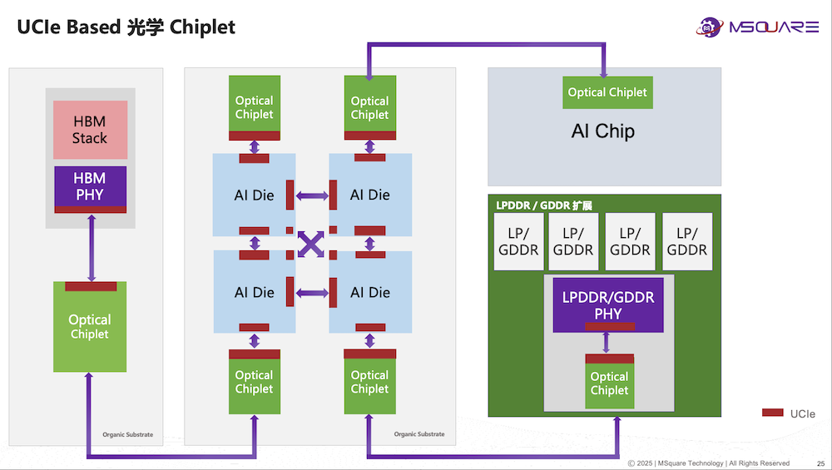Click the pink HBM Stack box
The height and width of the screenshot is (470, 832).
[90, 130]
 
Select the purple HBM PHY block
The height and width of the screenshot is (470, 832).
[90, 186]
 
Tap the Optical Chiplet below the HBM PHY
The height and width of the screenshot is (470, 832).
[90, 328]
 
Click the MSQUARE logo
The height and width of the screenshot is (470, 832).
[757, 27]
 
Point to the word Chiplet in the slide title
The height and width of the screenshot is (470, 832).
[202, 27]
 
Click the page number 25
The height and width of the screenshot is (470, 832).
[820, 463]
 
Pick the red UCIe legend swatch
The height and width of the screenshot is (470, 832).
[773, 413]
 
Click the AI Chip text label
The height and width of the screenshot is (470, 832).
[603, 131]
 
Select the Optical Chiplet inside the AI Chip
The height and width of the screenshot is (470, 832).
[607, 92]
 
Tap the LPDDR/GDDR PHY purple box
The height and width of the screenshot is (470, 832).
[608, 304]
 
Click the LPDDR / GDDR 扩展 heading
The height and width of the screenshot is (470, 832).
[543, 205]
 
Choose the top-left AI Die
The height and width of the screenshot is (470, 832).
[254, 195]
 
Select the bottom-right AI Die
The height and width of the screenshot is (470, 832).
[369, 292]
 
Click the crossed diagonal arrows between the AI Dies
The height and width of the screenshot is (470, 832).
[311, 244]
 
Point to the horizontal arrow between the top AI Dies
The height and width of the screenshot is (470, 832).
[311, 195]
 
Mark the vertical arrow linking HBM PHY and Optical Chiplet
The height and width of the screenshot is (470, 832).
[91, 247]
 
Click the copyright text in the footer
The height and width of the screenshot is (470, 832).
[708, 463]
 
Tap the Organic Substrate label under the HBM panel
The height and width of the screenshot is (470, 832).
[127, 434]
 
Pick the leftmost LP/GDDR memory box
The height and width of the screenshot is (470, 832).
[518, 242]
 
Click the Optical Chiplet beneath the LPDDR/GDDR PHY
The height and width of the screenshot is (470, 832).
[609, 383]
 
